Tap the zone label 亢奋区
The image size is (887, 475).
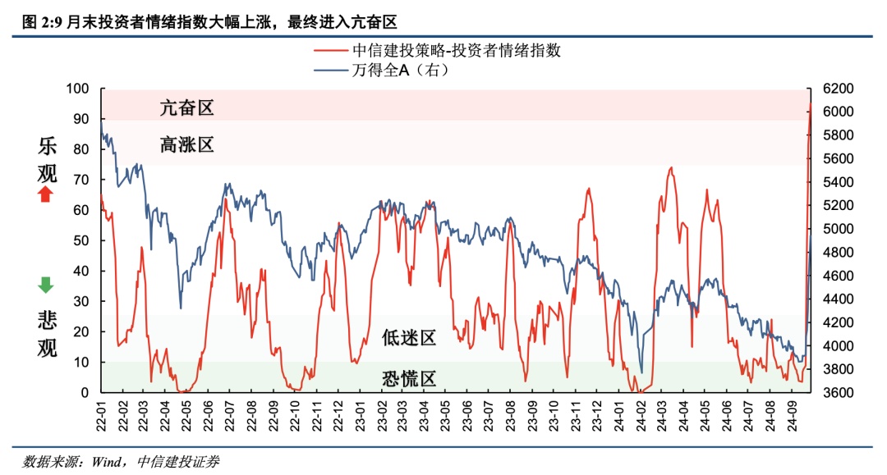coord(187,107)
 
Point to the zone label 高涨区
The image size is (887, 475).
coord(187,145)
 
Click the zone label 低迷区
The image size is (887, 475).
coord(408,337)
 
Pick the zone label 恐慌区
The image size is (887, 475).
coord(408,378)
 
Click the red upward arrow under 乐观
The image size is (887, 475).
coord(46,194)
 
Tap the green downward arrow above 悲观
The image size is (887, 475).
coord(46,285)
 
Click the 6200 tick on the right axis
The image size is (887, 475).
coord(832,88)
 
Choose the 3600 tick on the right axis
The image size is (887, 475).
coord(832,393)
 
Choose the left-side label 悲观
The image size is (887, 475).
coord(47,334)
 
